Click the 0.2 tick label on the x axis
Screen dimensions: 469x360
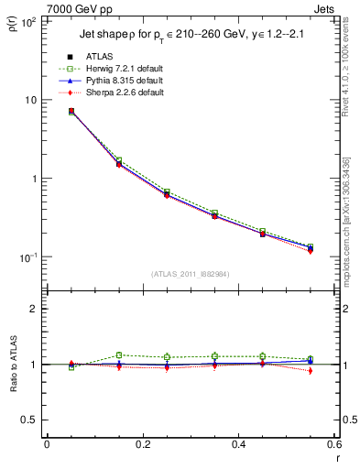[x=143, y=444]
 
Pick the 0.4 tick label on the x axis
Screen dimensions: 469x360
[x=239, y=444]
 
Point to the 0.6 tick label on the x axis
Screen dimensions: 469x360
[x=334, y=444]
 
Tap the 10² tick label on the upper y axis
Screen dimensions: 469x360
[x=28, y=21]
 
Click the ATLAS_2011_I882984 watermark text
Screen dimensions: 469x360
[x=191, y=273]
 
